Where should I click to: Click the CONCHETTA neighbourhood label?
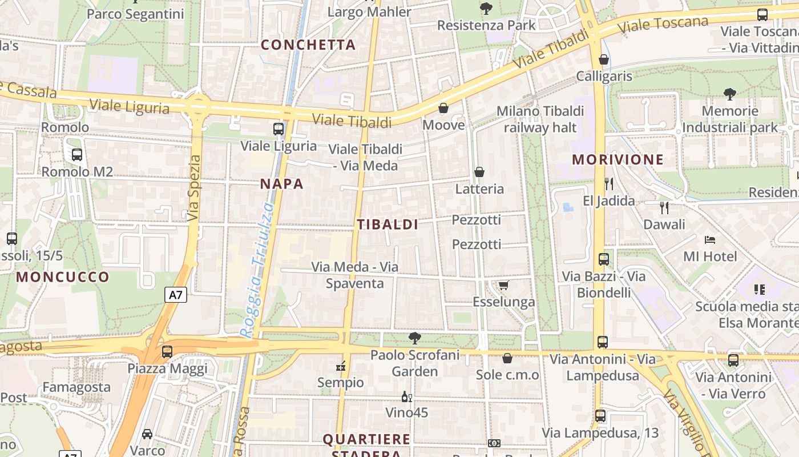[x=308, y=45]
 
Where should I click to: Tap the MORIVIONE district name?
[x=618, y=159]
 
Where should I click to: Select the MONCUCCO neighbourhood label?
[x=63, y=277]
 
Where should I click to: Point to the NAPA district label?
[x=282, y=184]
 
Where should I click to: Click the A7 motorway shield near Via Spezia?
[x=176, y=295]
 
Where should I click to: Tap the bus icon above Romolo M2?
[x=76, y=154]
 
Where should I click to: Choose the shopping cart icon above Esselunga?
[x=503, y=285]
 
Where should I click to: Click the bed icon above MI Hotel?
[x=710, y=239]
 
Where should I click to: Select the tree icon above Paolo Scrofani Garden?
[x=415, y=338]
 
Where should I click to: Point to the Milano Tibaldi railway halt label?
[x=540, y=119]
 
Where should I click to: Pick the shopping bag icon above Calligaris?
[x=604, y=59]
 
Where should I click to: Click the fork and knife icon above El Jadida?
[x=609, y=183]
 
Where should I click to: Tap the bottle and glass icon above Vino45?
[x=406, y=396]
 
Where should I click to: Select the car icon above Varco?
[x=147, y=434]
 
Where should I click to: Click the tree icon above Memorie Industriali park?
[x=729, y=94]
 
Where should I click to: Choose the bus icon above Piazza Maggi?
[x=167, y=352]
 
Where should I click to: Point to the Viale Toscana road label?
[x=663, y=25]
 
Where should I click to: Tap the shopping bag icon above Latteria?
[x=479, y=172]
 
